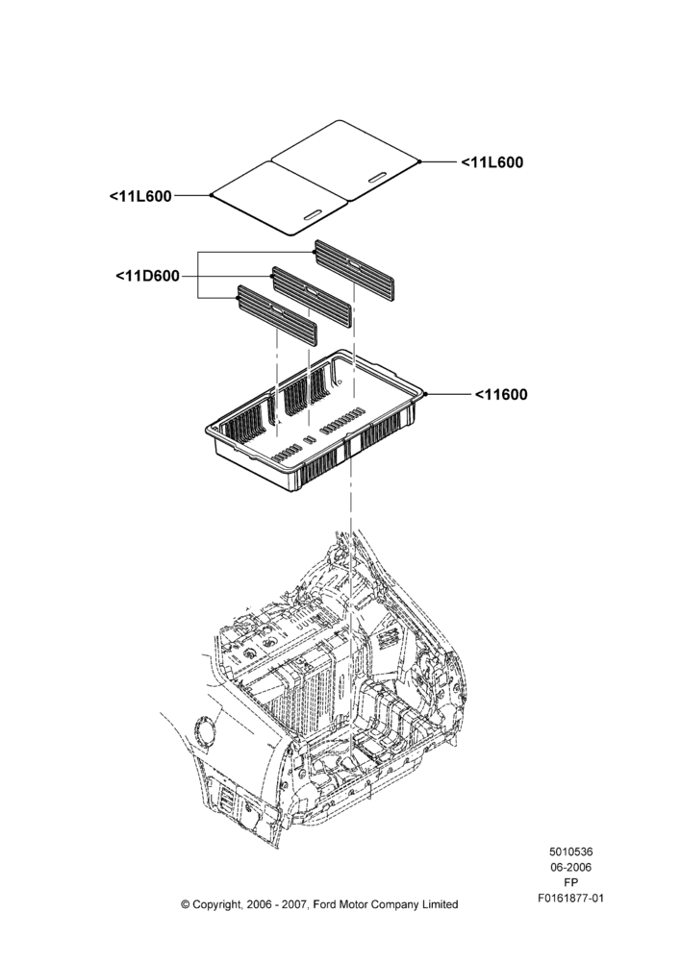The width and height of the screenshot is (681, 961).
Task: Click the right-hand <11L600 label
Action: click(x=492, y=162)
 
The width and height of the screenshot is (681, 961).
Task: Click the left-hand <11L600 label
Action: click(x=140, y=196)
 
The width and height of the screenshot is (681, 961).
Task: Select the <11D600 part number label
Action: click(x=148, y=277)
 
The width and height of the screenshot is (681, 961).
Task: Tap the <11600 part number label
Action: click(x=500, y=395)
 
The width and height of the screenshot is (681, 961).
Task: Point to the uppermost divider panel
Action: click(x=354, y=266)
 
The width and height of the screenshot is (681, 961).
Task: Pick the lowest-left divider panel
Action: click(x=278, y=315)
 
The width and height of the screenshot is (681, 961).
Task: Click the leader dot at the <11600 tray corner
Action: click(x=424, y=394)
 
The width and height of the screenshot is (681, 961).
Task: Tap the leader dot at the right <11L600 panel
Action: click(x=419, y=161)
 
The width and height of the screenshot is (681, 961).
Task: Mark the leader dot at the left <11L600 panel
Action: click(x=211, y=195)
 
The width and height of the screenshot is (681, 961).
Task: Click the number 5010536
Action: click(x=570, y=851)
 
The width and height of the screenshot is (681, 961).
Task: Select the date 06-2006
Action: click(x=570, y=867)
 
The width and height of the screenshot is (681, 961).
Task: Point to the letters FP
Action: click(x=570, y=882)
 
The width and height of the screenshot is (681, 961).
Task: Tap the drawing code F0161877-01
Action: click(x=570, y=899)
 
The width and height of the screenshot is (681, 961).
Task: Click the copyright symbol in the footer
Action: click(x=186, y=904)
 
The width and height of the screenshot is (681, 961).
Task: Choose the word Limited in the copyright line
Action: click(x=440, y=904)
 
